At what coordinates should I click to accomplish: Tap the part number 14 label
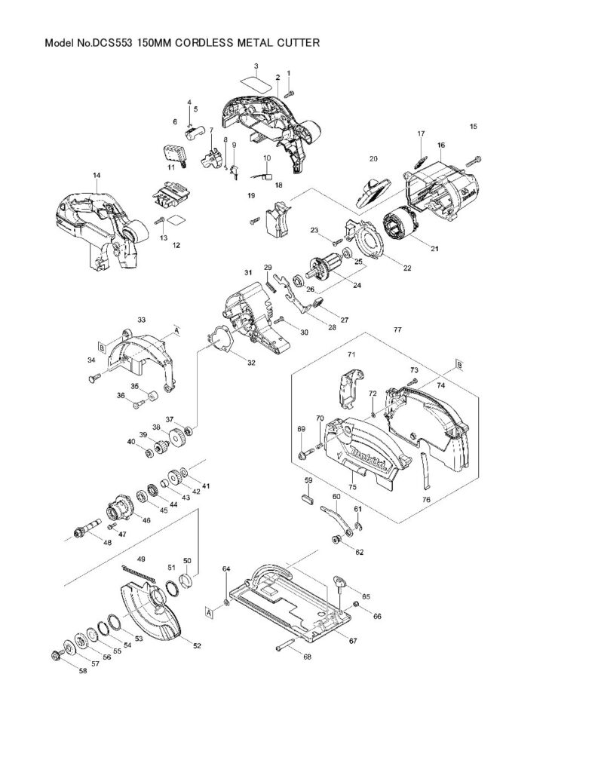tap(97, 175)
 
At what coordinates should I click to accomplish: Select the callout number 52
tap(197, 645)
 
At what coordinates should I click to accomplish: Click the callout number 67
tap(353, 641)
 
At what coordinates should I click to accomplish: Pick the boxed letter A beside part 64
tap(210, 612)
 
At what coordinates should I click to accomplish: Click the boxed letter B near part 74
tap(459, 365)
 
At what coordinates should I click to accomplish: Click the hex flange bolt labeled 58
tap(56, 655)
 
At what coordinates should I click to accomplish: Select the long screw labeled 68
tap(285, 645)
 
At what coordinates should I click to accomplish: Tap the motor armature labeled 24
tap(323, 268)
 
